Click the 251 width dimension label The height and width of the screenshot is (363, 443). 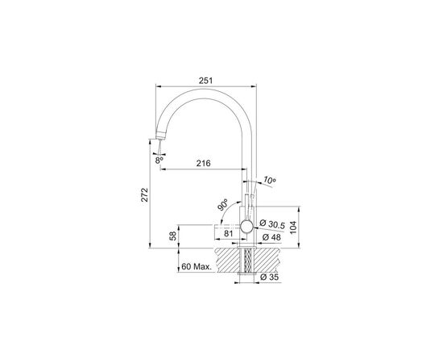tap(205, 81)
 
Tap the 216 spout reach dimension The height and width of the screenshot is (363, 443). tap(204, 163)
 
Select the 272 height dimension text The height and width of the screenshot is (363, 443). tap(145, 194)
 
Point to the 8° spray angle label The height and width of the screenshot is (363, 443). tap(159, 161)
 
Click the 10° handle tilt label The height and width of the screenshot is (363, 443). tap(269, 180)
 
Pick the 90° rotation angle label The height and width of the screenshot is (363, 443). tap(223, 205)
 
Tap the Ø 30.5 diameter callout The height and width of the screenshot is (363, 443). tap(272, 224)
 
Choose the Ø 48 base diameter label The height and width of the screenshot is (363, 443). tap(271, 237)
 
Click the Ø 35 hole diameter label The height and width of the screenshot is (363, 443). tap(269, 277)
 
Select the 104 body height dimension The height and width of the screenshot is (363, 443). tap(294, 227)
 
